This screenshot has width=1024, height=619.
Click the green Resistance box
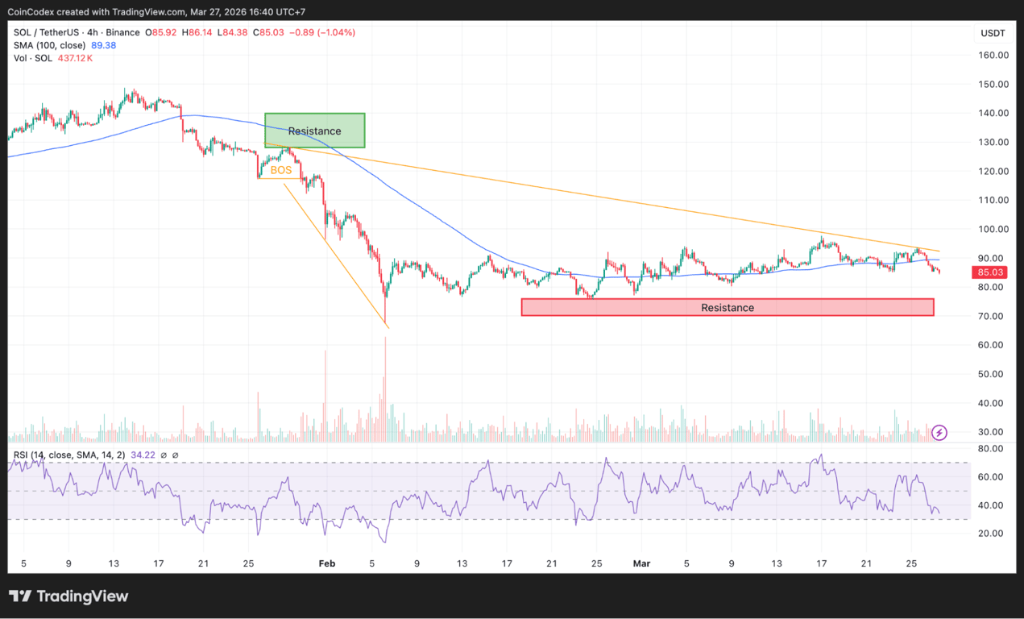click(314, 131)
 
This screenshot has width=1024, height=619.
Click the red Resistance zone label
click(727, 307)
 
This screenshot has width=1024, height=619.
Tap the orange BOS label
click(281, 170)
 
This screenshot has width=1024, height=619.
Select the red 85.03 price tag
click(989, 272)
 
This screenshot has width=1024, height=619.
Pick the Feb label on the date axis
click(326, 563)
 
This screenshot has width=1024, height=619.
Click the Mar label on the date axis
click(641, 563)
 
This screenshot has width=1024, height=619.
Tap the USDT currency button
click(993, 33)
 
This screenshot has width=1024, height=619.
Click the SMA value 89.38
click(102, 45)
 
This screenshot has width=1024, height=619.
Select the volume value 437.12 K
click(74, 58)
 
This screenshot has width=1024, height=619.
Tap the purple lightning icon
click(939, 433)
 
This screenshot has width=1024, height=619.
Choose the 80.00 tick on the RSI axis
click(990, 448)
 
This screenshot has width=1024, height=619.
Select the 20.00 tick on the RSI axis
click(990, 534)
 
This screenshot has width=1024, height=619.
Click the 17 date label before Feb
click(159, 563)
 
